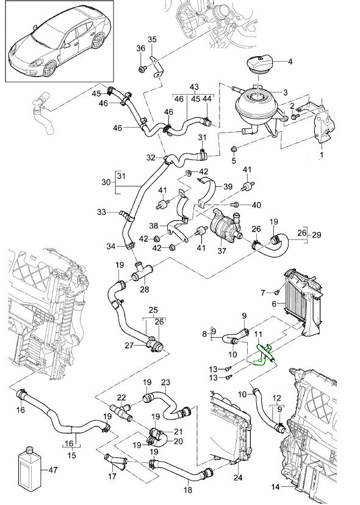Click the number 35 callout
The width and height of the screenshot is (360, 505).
(153, 39)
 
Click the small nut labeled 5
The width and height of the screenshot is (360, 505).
(234, 149)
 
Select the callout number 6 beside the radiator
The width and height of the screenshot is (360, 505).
(274, 303)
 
